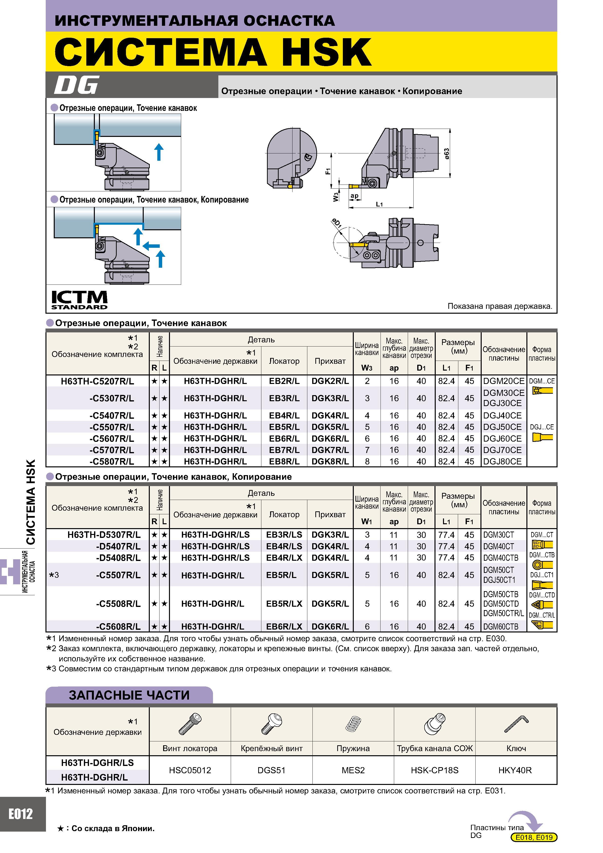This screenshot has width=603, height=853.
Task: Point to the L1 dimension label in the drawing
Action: coord(379,204)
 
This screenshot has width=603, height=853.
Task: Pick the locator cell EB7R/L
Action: coord(284,450)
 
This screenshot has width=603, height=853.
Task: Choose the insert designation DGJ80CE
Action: coord(502,462)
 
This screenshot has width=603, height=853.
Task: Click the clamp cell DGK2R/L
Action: coord(330,381)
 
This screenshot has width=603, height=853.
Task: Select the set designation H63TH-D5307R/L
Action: coord(104,535)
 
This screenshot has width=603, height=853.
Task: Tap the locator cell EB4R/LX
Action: coord(284,558)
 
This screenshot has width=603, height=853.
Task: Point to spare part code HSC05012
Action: coord(190,770)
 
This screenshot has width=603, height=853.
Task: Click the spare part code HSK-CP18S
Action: coord(434,770)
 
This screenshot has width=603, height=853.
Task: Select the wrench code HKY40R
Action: coord(515,770)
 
